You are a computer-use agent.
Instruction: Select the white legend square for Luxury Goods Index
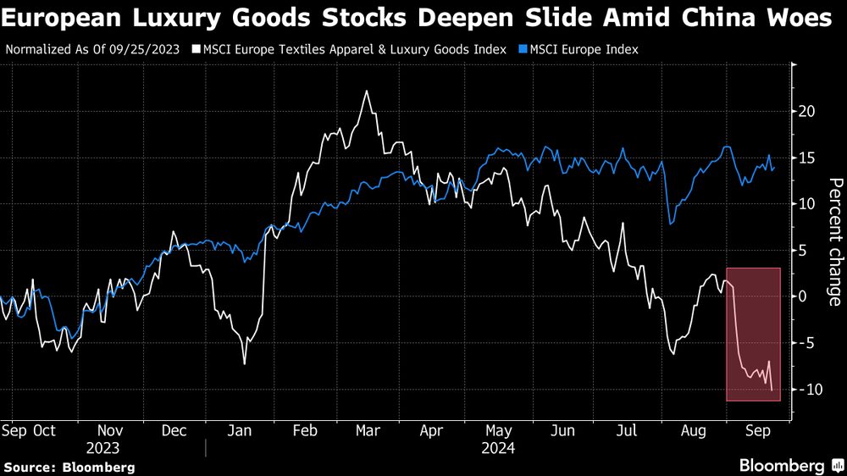coord(196,49)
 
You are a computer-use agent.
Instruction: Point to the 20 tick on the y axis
coord(806,112)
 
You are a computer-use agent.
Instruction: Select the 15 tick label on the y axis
coord(806,158)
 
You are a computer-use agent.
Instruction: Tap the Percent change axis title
coord(834,241)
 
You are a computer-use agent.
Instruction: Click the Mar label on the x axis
coord(367,431)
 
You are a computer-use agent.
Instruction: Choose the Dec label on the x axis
coord(174,431)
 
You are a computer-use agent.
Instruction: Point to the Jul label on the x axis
coord(627,431)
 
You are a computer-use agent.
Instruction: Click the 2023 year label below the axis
coord(102,448)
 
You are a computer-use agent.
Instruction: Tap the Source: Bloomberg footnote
coord(69,467)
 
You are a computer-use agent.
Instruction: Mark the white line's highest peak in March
coord(366,91)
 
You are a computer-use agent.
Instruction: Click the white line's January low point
coord(245,363)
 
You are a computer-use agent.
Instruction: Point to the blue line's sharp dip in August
coord(670,224)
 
